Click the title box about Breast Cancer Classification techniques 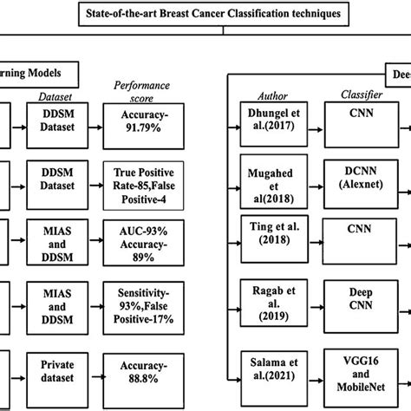(x=205, y=15)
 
